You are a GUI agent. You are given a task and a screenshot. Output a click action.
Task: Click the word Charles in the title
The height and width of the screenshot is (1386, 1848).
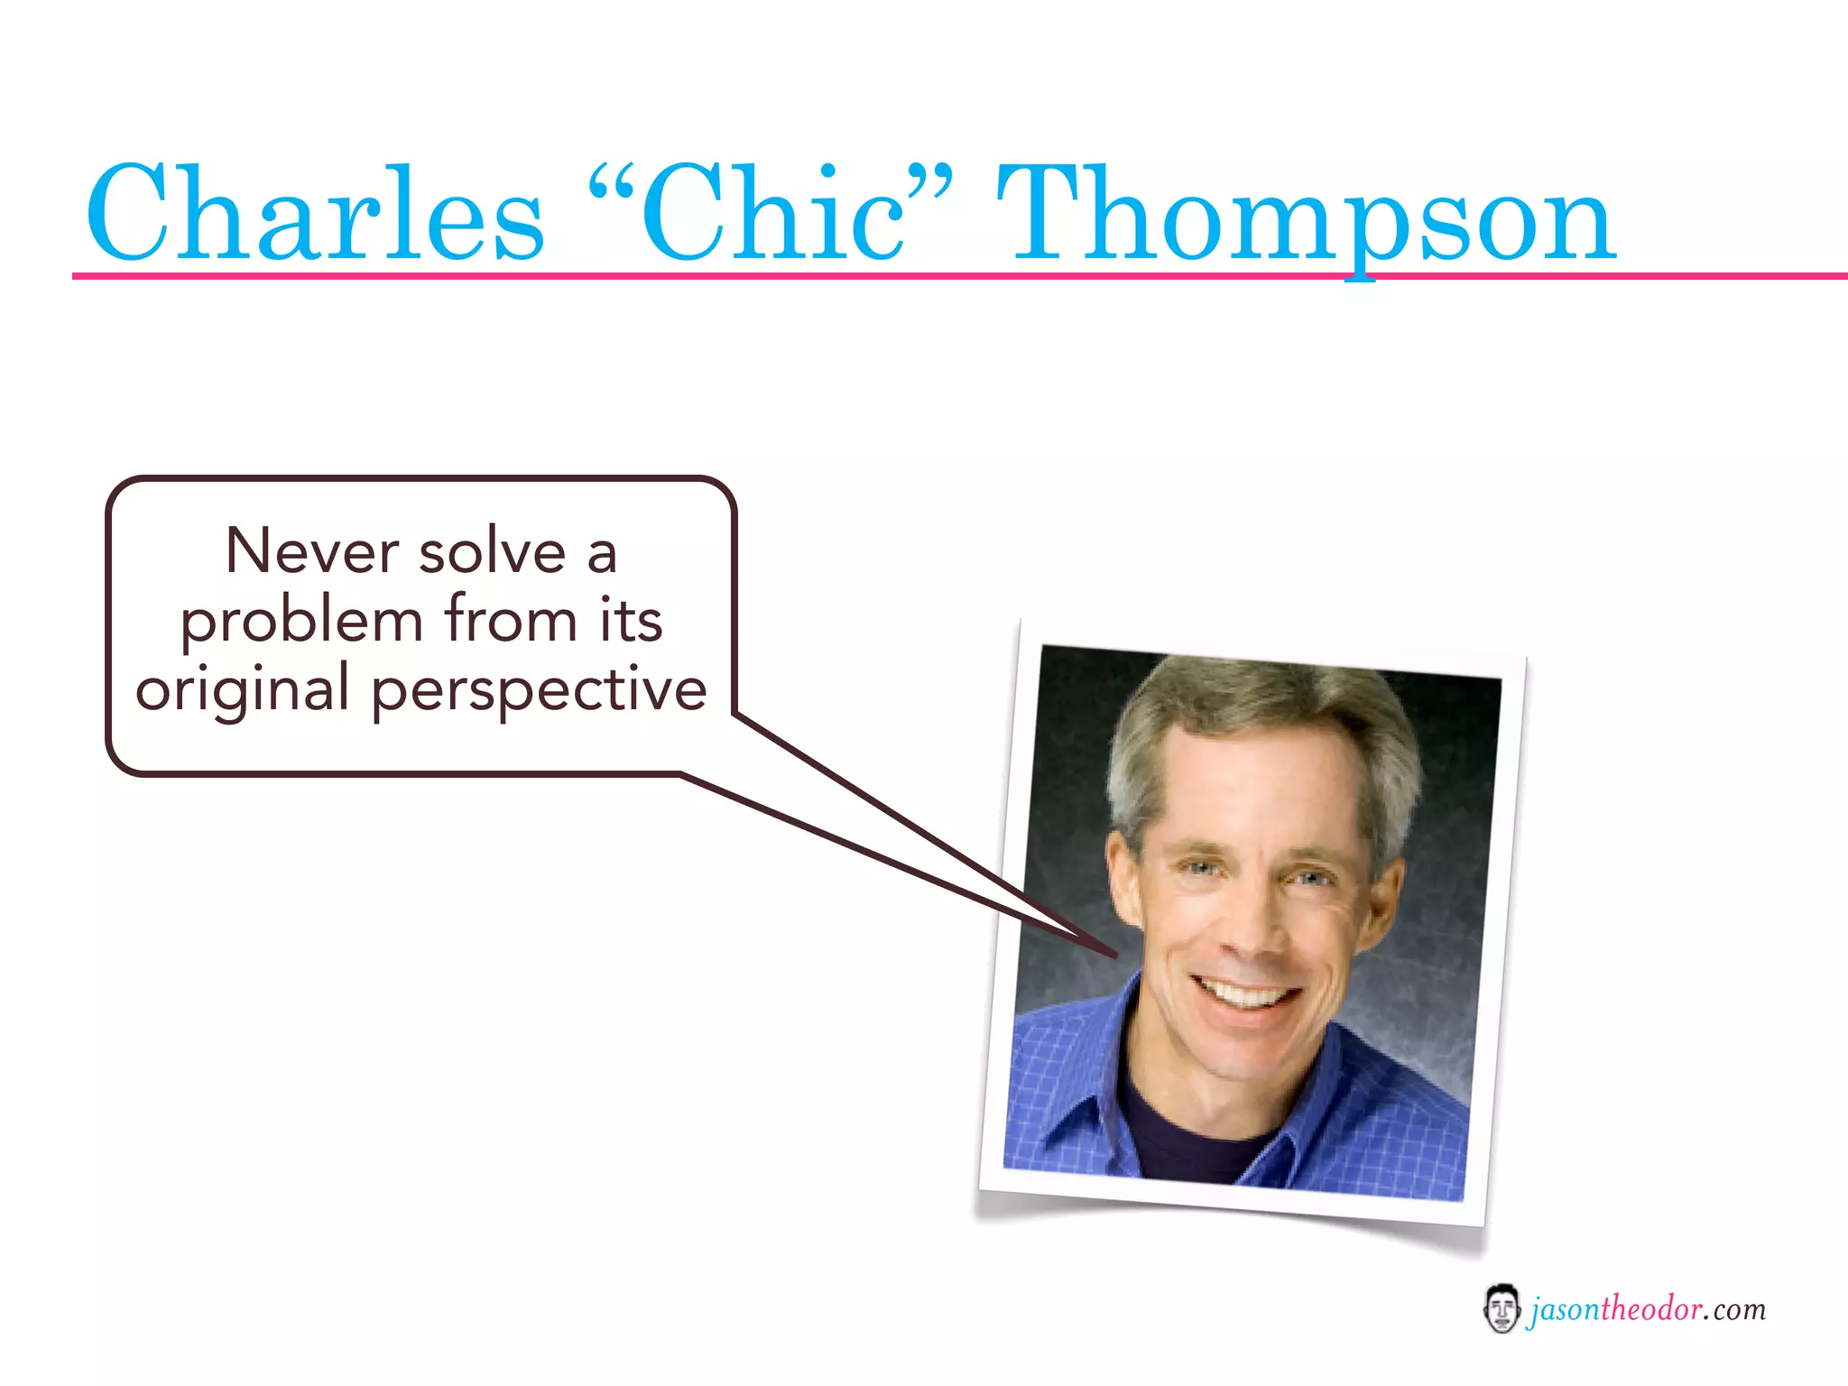[316, 215]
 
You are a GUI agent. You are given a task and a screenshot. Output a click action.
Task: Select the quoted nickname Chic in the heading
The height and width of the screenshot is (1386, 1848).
[772, 215]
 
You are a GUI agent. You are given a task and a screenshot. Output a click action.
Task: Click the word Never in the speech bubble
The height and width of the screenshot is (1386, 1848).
[312, 551]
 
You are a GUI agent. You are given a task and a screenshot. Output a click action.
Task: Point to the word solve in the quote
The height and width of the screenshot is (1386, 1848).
[492, 551]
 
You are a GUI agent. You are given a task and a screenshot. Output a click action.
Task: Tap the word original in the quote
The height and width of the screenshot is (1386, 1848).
[242, 690]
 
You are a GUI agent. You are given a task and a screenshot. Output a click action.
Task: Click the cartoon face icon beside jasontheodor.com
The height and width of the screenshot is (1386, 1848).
[1501, 1309]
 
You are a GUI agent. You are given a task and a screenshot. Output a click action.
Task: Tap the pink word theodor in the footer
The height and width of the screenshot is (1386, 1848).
[1651, 1308]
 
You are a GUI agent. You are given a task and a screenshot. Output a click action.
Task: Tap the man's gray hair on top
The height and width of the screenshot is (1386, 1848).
[1263, 713]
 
